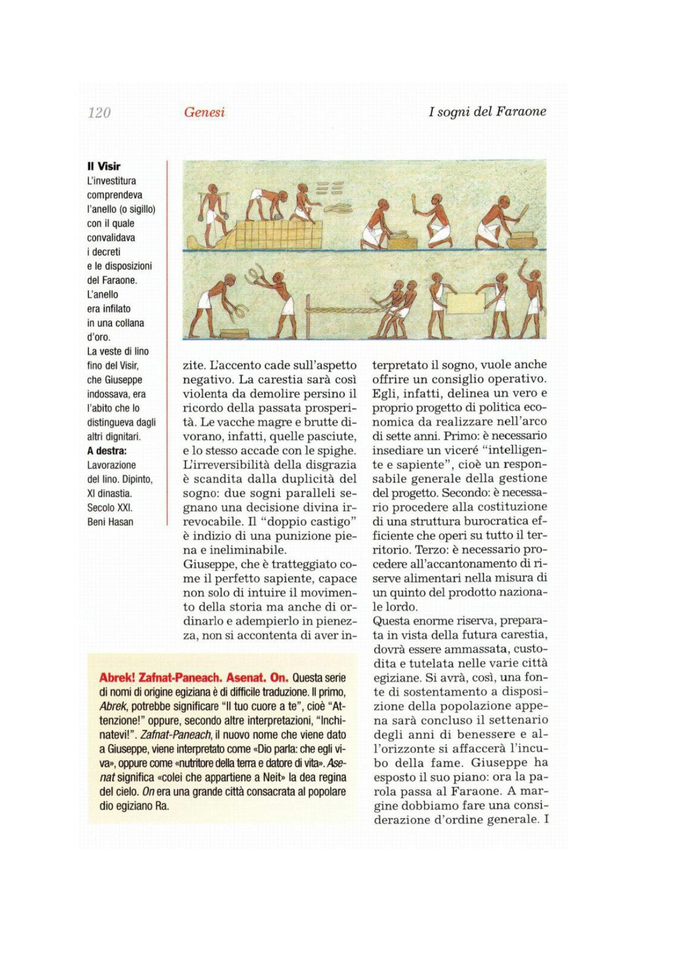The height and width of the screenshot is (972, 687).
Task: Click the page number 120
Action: [x=99, y=112]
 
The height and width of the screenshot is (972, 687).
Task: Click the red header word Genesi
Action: [x=204, y=112]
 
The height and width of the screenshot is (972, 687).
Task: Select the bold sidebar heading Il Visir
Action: [x=104, y=166]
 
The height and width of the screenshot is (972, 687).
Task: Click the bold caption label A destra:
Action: [x=107, y=450]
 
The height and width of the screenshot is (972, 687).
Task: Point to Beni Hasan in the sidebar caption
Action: [x=110, y=522]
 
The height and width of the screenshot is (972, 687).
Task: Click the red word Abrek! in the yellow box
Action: [x=117, y=677]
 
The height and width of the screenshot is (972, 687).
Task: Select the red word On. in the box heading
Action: [x=279, y=677]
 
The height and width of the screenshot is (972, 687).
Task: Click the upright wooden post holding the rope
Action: [x=308, y=316]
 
